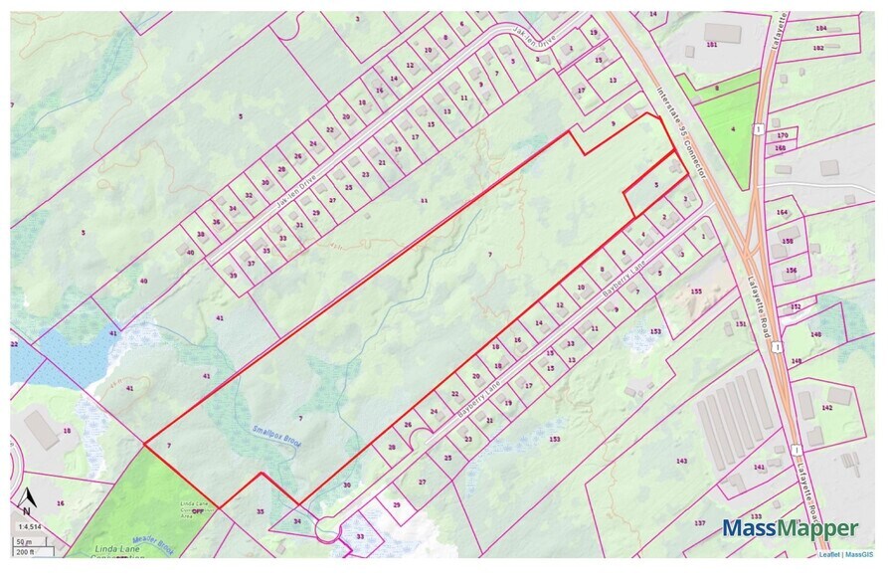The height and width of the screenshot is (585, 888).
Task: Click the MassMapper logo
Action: [x=790, y=528]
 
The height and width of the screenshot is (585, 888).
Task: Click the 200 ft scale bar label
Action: [x=25, y=551]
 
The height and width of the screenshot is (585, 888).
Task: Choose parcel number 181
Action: [x=711, y=45]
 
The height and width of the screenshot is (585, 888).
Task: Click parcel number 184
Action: [x=820, y=28]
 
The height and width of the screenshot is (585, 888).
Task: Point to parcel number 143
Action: [x=681, y=460]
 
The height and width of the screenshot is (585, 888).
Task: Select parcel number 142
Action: [x=827, y=408]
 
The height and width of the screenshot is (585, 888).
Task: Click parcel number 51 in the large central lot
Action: [x=424, y=200]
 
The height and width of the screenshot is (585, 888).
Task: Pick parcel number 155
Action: [x=696, y=291]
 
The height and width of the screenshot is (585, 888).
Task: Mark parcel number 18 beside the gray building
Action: [x=67, y=430]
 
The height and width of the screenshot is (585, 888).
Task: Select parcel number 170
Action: [x=782, y=134]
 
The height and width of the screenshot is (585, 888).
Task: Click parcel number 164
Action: [x=783, y=212]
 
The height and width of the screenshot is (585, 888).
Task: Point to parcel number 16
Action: [x=60, y=504]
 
